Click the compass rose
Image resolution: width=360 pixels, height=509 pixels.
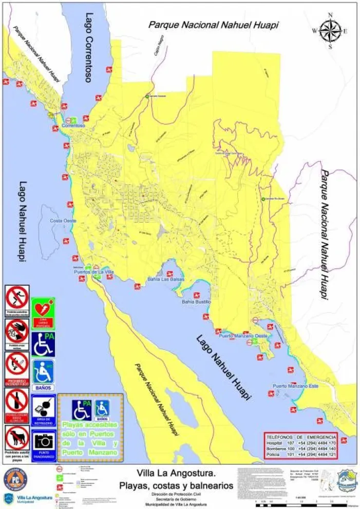click(330, 31)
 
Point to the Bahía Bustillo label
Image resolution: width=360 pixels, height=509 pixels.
click(196, 302)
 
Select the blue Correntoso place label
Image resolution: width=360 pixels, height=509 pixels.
click(73, 125)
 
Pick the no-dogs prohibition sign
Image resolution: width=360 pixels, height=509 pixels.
click(17, 438)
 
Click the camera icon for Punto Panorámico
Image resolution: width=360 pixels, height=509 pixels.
click(43, 440)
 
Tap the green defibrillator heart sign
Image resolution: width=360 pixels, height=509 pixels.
click(43, 310)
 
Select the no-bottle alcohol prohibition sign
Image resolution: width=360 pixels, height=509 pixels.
click(17, 400)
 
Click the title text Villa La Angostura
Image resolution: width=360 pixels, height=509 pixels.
click(176, 473)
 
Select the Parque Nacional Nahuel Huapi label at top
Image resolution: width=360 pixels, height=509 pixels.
click(214, 25)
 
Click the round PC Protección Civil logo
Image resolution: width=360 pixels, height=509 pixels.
click(16, 478)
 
